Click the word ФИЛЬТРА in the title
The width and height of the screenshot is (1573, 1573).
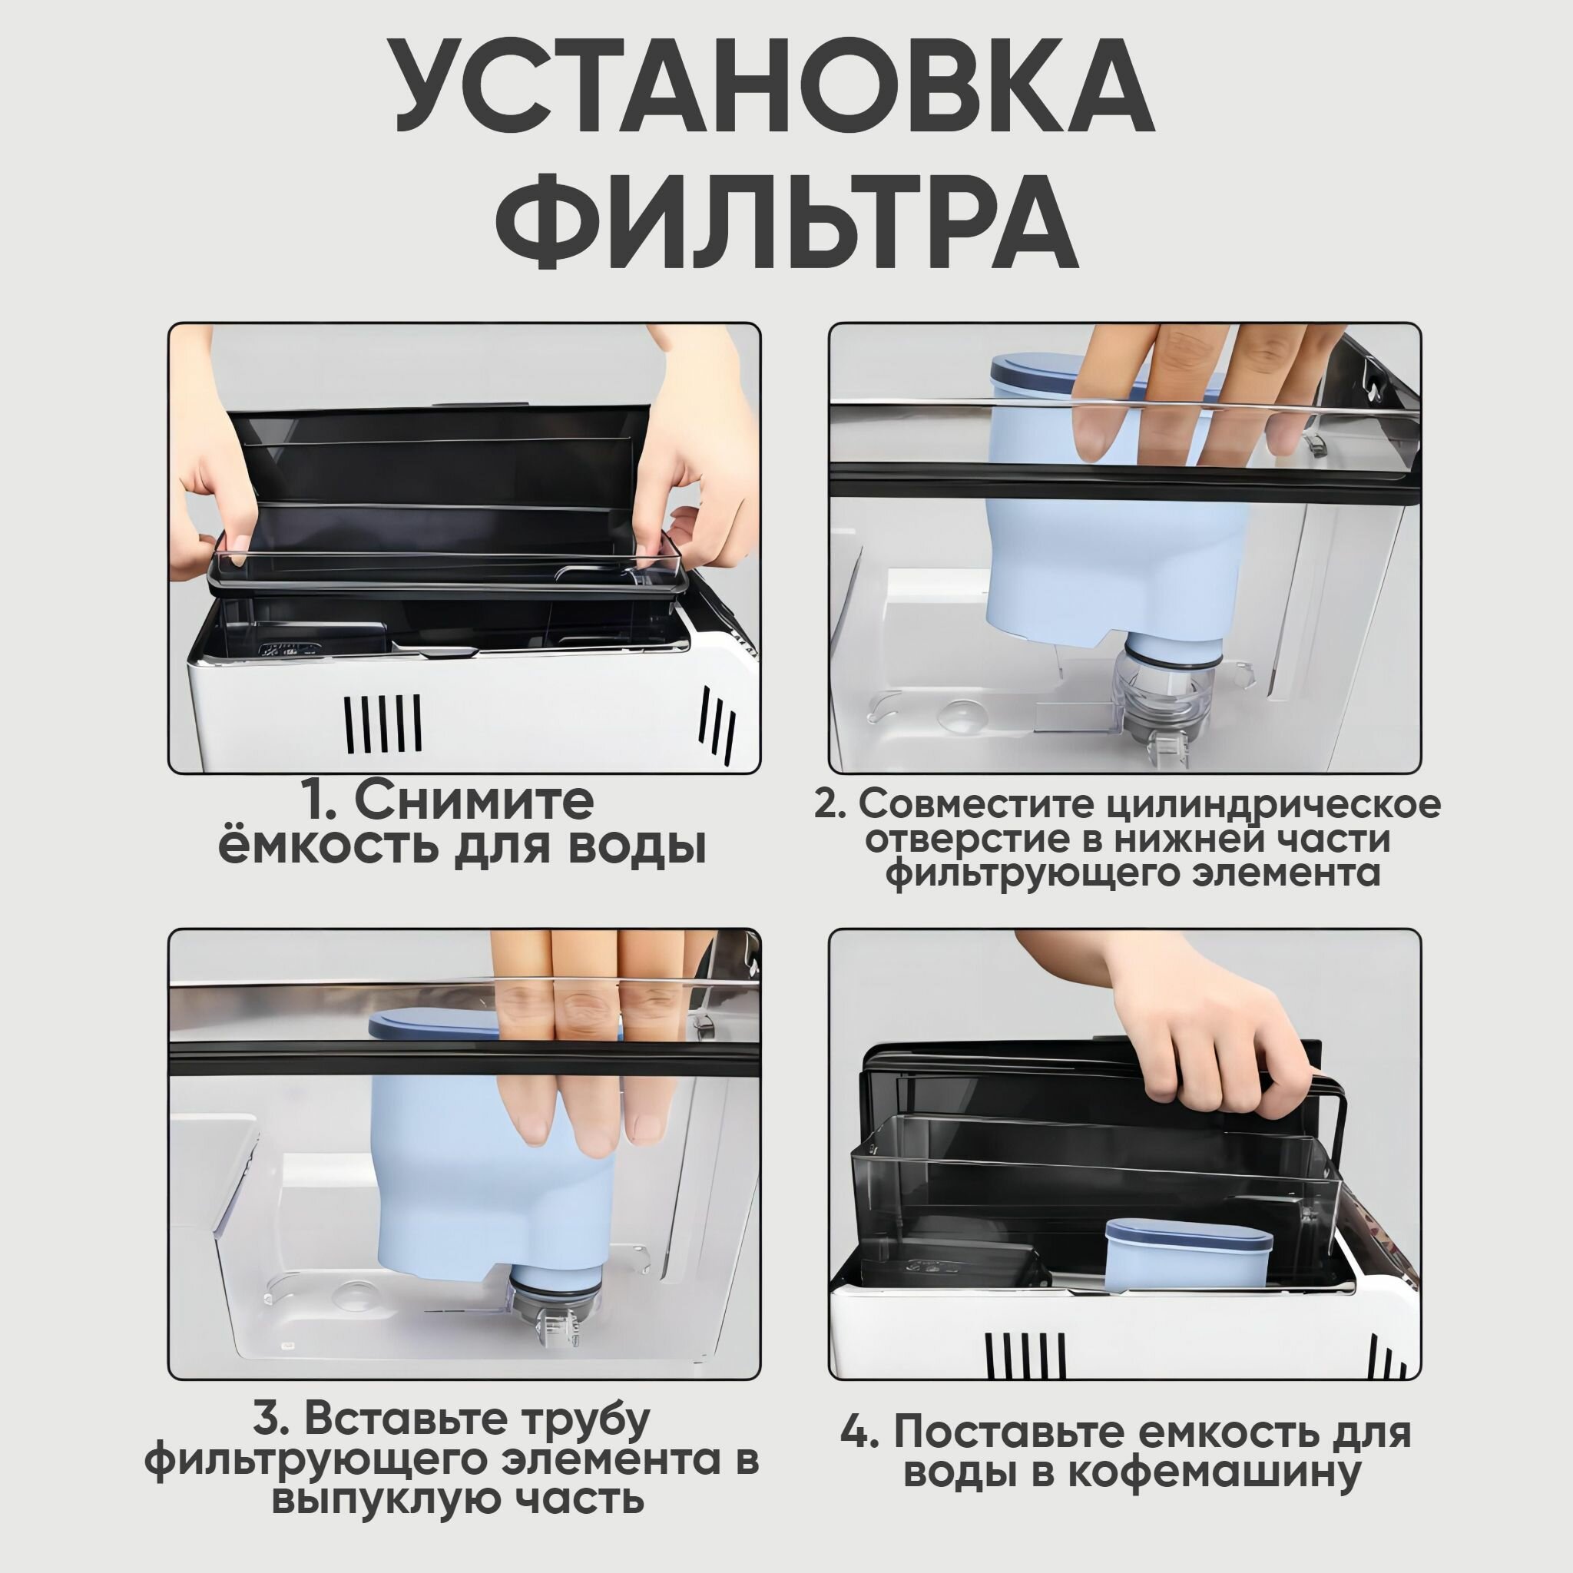(x=786, y=219)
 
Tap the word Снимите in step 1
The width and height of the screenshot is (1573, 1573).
(x=472, y=803)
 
